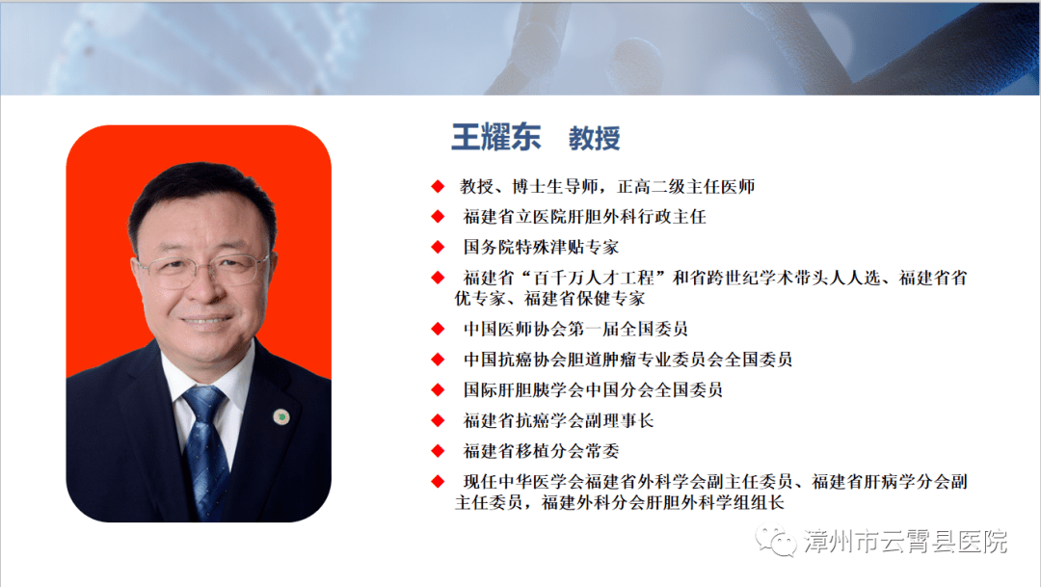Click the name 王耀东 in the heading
[496, 137]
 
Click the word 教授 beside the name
[594, 138]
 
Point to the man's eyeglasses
[201, 269]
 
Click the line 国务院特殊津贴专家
[541, 248]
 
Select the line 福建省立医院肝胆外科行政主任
[584, 217]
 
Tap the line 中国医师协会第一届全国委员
[574, 329]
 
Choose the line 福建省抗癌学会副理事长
[558, 421]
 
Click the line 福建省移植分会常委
[541, 451]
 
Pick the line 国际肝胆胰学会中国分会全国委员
[593, 390]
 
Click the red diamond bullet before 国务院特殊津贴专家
[438, 247]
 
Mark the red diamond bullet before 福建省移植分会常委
[438, 450]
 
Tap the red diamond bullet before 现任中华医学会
[438, 481]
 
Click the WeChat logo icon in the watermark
[776, 542]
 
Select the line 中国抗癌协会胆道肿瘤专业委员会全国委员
[627, 360]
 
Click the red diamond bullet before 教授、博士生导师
[438, 185]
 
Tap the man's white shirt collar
[189, 376]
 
